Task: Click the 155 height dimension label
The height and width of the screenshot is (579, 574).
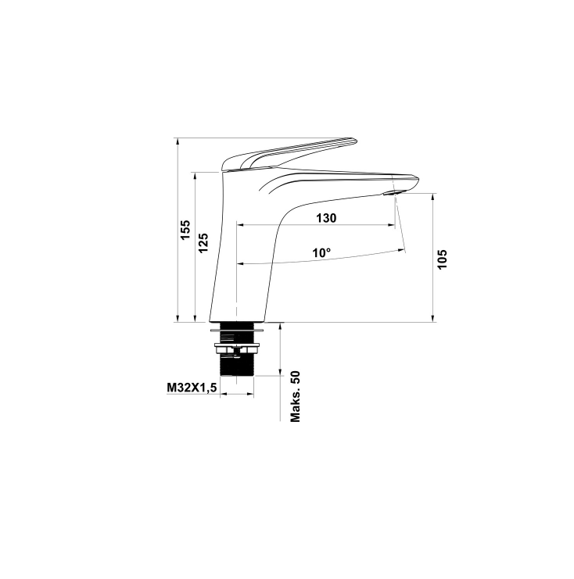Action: click(x=185, y=229)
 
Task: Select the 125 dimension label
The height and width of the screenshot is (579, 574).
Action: click(x=203, y=242)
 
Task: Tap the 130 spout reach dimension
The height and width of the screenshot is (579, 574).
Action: click(x=326, y=218)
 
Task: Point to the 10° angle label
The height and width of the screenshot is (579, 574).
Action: click(x=321, y=253)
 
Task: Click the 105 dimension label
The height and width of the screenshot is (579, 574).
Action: click(x=443, y=259)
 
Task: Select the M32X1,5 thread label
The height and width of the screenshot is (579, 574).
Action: click(x=192, y=388)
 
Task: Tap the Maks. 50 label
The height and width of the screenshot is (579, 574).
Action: click(x=296, y=397)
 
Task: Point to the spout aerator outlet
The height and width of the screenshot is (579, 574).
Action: click(x=393, y=192)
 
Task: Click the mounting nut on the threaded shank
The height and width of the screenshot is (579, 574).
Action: click(x=237, y=348)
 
